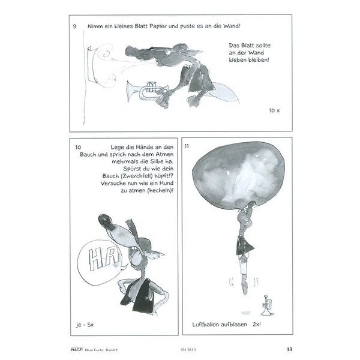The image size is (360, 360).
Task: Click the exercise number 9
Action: tap(74, 26)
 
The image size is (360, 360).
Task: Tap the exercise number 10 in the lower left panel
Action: tap(78, 147)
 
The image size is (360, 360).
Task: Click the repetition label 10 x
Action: tap(275, 111)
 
